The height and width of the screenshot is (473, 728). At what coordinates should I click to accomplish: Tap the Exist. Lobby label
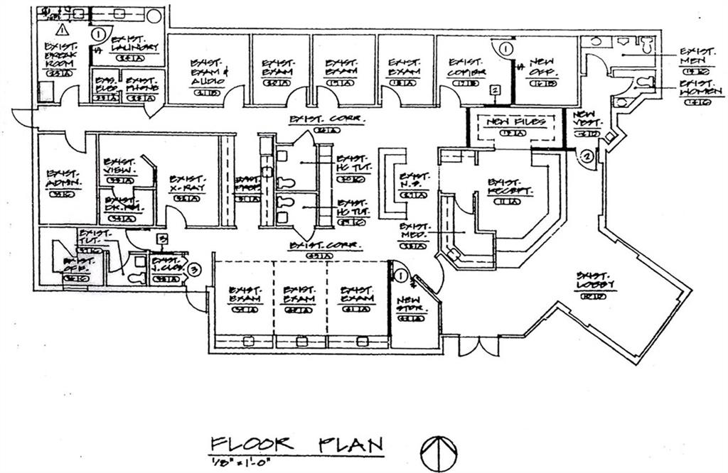pyautogui.click(x=596, y=281)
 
